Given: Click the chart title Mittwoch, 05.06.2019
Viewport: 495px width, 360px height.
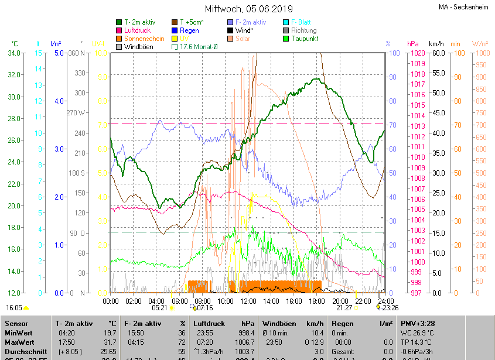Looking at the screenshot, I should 248,9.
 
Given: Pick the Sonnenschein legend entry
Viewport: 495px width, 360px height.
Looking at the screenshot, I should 144,39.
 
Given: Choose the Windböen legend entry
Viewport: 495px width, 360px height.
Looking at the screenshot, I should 138,47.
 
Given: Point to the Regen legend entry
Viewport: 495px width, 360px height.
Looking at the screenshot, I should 189,30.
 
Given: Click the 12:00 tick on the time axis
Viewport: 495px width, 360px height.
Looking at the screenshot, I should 248,301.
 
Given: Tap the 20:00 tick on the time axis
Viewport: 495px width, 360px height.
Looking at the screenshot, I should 339,301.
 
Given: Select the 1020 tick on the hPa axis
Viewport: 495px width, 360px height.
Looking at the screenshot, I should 417,53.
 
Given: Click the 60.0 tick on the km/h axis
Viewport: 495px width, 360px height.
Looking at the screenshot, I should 437,53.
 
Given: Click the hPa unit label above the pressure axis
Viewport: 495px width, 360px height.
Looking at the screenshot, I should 412,44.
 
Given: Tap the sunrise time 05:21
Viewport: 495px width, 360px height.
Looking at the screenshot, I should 159,307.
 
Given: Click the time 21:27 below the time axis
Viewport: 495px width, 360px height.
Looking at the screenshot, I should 344,307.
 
